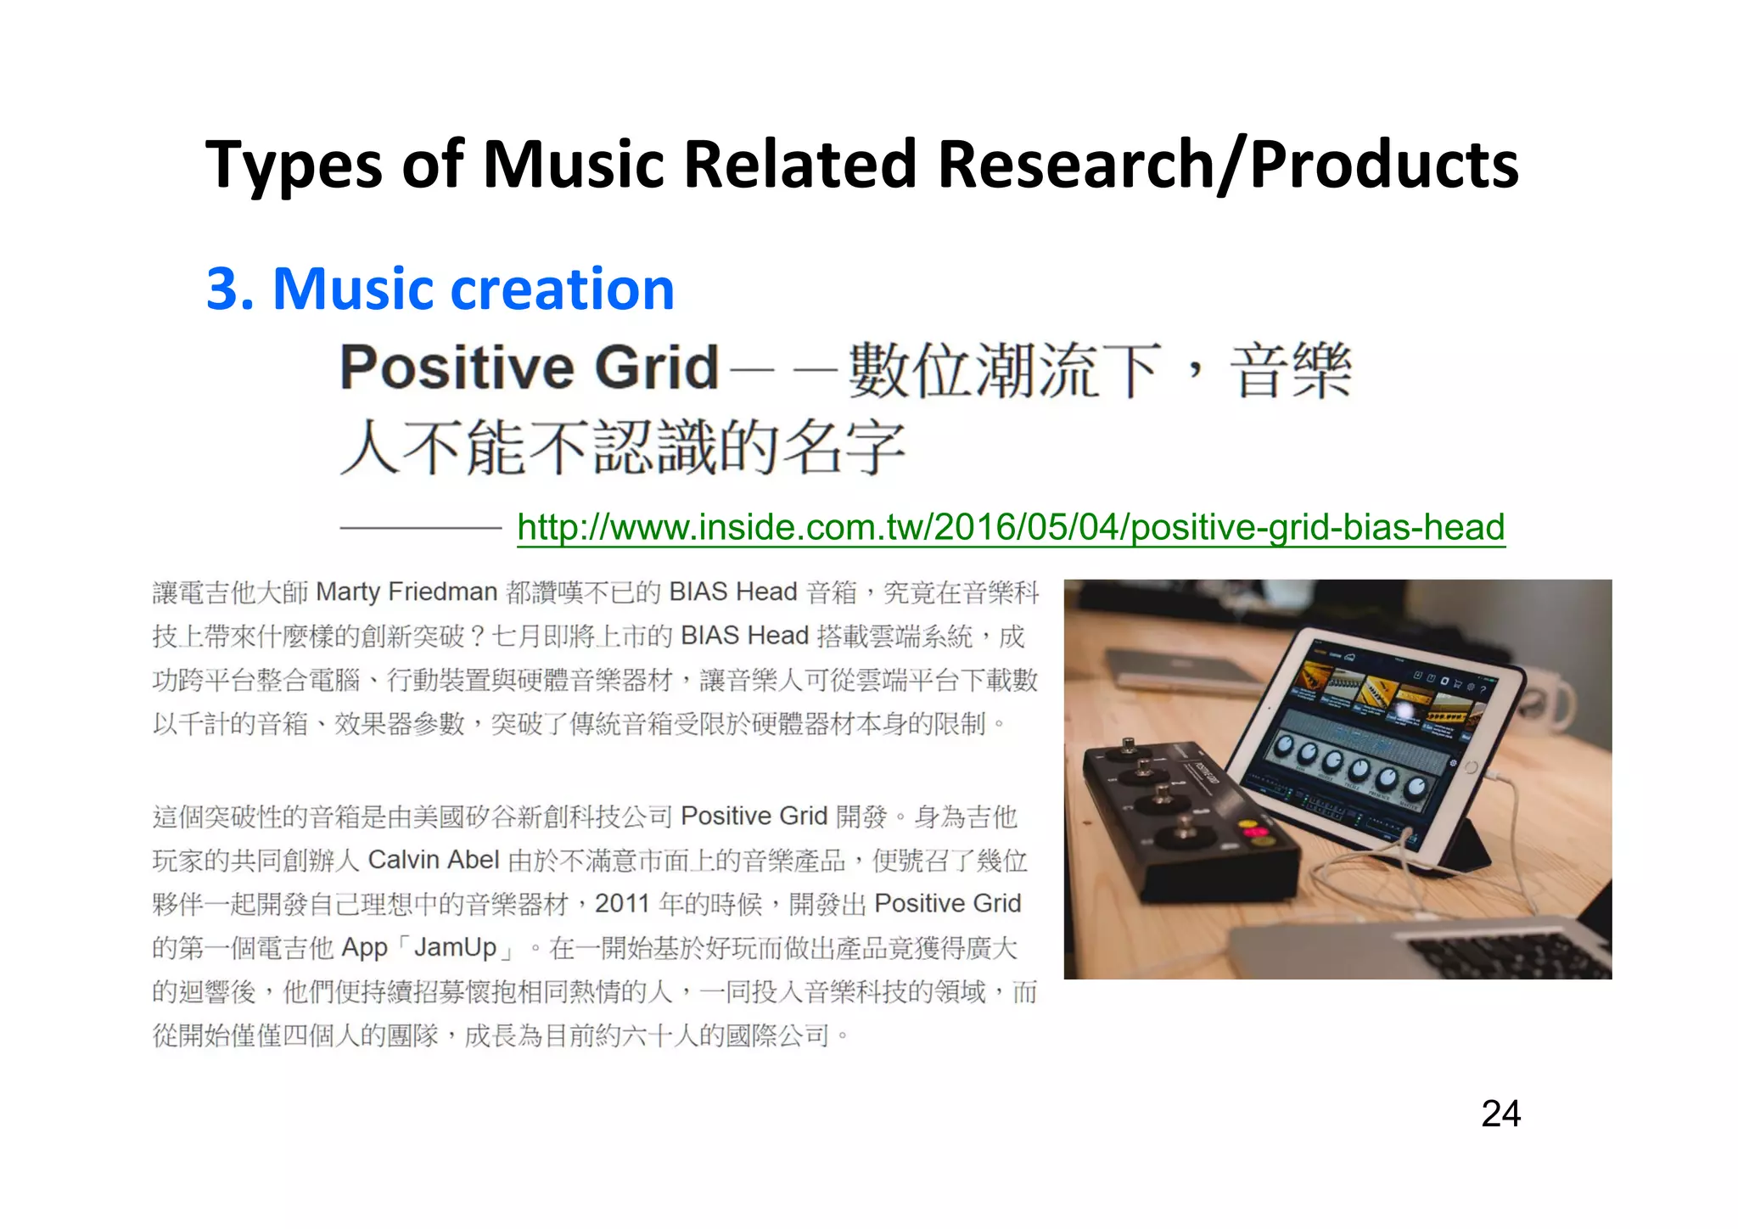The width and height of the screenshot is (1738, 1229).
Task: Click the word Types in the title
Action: (x=293, y=166)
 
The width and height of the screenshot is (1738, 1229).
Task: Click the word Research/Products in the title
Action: (x=1227, y=164)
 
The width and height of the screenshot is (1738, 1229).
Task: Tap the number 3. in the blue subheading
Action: (x=231, y=289)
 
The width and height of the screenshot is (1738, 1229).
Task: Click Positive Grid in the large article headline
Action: (x=529, y=368)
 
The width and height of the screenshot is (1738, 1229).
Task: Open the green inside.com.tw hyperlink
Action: (x=1010, y=527)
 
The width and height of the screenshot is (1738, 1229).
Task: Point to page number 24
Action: (x=1500, y=1113)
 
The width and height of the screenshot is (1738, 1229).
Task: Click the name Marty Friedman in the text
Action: (x=406, y=592)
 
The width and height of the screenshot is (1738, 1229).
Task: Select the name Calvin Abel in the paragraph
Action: (x=433, y=860)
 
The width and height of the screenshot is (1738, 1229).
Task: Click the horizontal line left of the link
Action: (x=421, y=528)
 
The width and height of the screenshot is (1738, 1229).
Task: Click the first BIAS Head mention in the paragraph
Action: (x=732, y=592)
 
